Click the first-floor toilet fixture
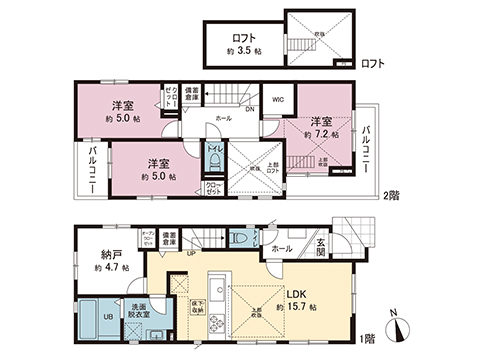point(237,240)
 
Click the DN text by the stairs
point(249,111)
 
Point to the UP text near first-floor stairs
point(191,252)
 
